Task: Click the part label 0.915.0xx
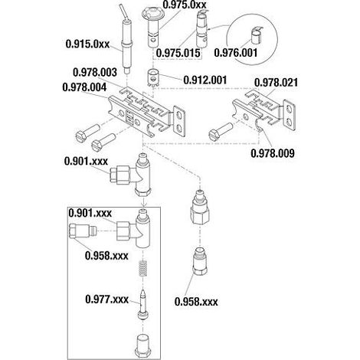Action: point(87,44)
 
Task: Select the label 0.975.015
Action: point(178,53)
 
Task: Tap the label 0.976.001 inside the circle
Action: point(236,53)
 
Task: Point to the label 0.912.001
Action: point(205,80)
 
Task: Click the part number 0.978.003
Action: point(95,72)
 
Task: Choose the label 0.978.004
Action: point(84,87)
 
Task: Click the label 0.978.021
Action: point(276,83)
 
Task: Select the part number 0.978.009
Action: point(273,153)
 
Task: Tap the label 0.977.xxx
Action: point(107,299)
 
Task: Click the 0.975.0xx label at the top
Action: point(185,5)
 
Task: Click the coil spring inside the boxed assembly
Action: point(143,268)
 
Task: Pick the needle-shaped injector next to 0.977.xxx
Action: point(142,304)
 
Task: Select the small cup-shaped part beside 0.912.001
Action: point(154,77)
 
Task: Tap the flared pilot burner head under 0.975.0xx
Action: point(152,26)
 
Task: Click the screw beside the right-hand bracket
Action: point(221,131)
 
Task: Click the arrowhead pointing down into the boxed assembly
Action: point(143,205)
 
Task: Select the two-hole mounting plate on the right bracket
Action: point(289,116)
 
